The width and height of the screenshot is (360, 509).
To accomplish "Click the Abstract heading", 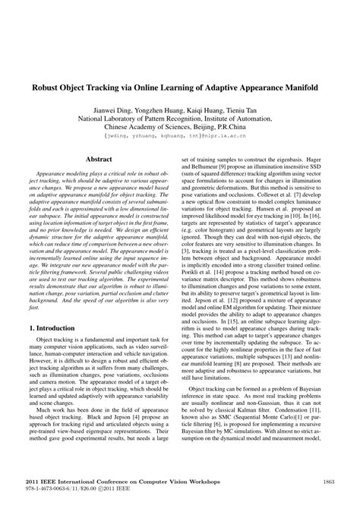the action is point(99,160).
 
